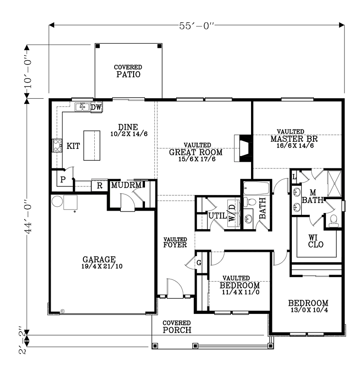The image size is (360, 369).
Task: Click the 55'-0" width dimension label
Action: point(197,26)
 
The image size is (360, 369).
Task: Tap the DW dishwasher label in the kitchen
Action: point(96,108)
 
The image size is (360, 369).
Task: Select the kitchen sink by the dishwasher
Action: point(82,107)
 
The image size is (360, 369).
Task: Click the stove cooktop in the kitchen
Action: point(57,146)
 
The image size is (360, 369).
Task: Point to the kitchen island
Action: point(92,146)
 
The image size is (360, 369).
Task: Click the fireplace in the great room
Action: point(243,148)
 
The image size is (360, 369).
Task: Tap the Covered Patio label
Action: point(128,72)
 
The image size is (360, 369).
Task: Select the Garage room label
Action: point(99,259)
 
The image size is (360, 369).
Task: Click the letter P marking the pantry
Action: point(63,180)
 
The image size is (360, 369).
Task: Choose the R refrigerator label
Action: point(99,185)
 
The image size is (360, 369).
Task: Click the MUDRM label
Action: point(126,185)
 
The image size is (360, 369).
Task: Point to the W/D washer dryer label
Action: point(232,213)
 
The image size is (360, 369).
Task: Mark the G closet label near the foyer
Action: point(199,263)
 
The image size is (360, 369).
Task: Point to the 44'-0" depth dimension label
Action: point(28,217)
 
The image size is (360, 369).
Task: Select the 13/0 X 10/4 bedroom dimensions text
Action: point(309,310)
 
